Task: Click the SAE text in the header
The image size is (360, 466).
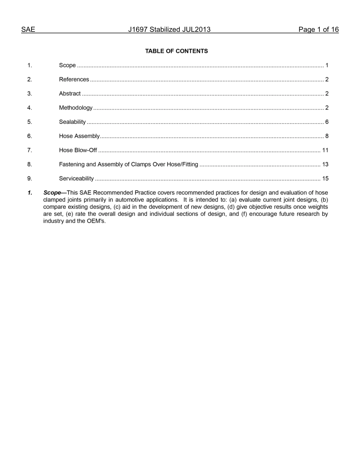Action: [28, 30]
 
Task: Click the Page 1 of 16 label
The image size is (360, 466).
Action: [318, 30]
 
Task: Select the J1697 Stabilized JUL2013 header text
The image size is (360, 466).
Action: [169, 30]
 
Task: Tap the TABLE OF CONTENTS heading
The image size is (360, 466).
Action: [177, 51]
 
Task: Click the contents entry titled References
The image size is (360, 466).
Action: [74, 80]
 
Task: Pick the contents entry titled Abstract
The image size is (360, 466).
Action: [70, 94]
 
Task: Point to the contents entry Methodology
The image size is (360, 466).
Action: [76, 108]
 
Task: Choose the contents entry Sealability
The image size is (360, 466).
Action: [72, 122]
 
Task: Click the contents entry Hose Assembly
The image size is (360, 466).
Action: [79, 136]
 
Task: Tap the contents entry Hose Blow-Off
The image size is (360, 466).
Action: [78, 150]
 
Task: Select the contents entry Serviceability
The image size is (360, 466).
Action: [76, 178]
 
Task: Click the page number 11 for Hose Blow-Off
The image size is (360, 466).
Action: [325, 150]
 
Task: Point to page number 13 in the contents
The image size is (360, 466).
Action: [325, 164]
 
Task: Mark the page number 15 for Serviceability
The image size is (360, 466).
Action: [325, 178]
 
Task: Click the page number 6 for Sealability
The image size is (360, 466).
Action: [327, 122]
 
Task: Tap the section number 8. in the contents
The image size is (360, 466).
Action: [30, 164]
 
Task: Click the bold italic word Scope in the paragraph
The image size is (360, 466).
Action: [52, 193]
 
